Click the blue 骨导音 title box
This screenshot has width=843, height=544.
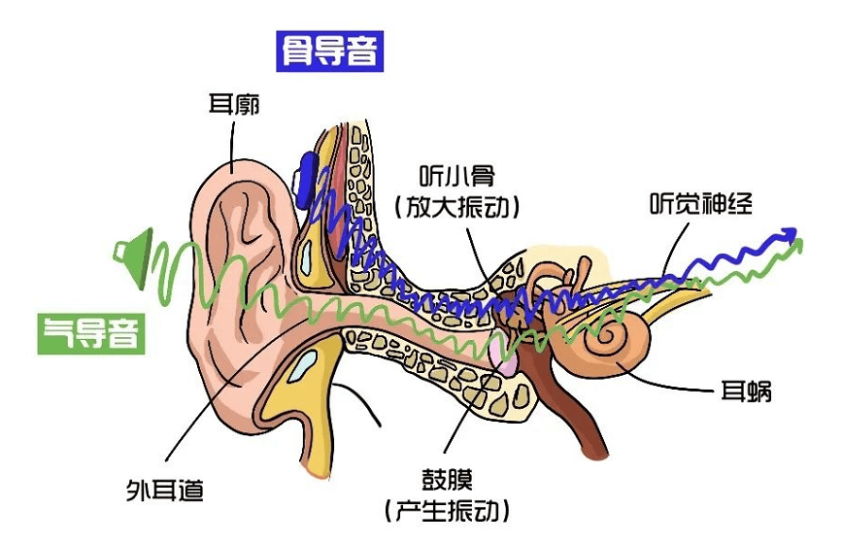(x=329, y=50)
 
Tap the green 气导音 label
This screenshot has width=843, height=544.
(x=91, y=331)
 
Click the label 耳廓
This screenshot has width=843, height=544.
(x=234, y=104)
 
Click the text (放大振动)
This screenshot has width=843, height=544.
(x=457, y=207)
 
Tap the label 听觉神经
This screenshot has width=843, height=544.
(x=700, y=203)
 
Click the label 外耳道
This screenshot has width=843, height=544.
(x=164, y=489)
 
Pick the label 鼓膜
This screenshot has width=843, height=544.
(x=446, y=478)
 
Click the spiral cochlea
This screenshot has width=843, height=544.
(x=613, y=336)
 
